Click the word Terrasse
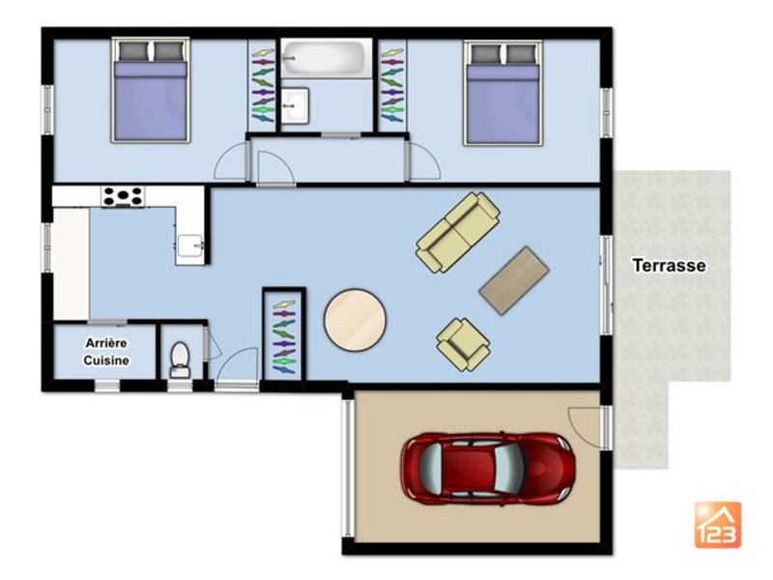[669, 265]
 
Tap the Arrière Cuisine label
[106, 352]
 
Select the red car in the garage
[488, 469]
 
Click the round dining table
[355, 320]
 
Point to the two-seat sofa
[458, 232]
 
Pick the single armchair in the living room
[463, 344]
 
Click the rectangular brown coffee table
[514, 280]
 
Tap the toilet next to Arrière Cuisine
[180, 360]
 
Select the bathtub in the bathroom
[327, 58]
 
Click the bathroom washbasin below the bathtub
[295, 105]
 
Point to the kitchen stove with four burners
[123, 196]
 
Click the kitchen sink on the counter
[190, 246]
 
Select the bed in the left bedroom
[151, 90]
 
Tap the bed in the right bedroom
[502, 93]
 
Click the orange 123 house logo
[718, 525]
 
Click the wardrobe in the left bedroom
[263, 85]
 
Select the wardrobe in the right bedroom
[392, 85]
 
